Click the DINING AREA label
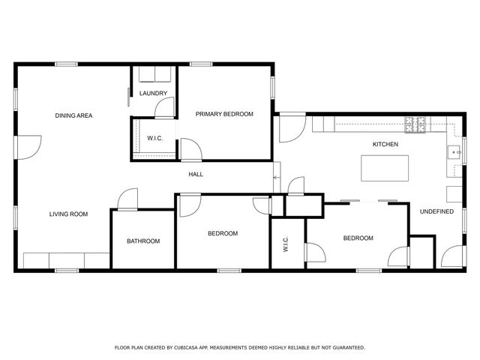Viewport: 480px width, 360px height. [73, 115]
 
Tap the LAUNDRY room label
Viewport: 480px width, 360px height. [153, 94]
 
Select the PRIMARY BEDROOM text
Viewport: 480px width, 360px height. [224, 114]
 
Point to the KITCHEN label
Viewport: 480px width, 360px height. [385, 144]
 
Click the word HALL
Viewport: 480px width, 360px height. [196, 175]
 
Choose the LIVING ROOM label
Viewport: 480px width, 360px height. [68, 214]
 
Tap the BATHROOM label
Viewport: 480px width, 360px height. [142, 241]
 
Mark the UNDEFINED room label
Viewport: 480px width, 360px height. [436, 211]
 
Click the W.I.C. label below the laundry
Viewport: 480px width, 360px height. [155, 138]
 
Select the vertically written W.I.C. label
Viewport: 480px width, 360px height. [286, 245]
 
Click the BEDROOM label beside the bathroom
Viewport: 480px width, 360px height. [222, 233]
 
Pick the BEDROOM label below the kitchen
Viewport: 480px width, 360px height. [358, 238]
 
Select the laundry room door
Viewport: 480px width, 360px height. [164, 109]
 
